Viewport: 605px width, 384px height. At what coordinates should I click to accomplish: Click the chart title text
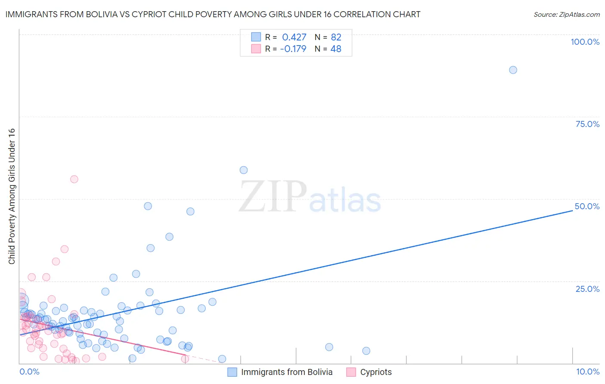point(213,14)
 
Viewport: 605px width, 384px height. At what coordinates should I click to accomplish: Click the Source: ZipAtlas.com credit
point(566,14)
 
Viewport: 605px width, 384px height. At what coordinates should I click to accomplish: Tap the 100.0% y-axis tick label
point(585,42)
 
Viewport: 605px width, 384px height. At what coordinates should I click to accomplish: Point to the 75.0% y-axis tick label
point(587,124)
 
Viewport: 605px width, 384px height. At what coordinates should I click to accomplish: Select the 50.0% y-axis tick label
point(587,206)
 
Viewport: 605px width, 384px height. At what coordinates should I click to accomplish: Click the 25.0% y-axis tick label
point(587,289)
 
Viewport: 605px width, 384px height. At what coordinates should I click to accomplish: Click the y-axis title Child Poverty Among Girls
point(12,196)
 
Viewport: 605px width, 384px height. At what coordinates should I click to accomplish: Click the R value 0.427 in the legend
point(294,37)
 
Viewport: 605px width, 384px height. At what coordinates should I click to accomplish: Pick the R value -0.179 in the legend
point(293,49)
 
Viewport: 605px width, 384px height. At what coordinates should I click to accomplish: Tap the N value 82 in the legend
point(336,37)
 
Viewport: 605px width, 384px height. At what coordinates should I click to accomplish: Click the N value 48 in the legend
point(336,49)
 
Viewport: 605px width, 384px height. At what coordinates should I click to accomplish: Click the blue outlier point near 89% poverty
point(513,70)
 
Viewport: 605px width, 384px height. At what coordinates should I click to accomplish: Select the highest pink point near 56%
point(74,179)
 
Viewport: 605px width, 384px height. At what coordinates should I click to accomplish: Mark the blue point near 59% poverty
point(244,170)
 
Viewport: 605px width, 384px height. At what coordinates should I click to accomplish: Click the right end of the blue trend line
point(572,211)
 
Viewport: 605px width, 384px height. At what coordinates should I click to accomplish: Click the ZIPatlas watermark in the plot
point(310,197)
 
